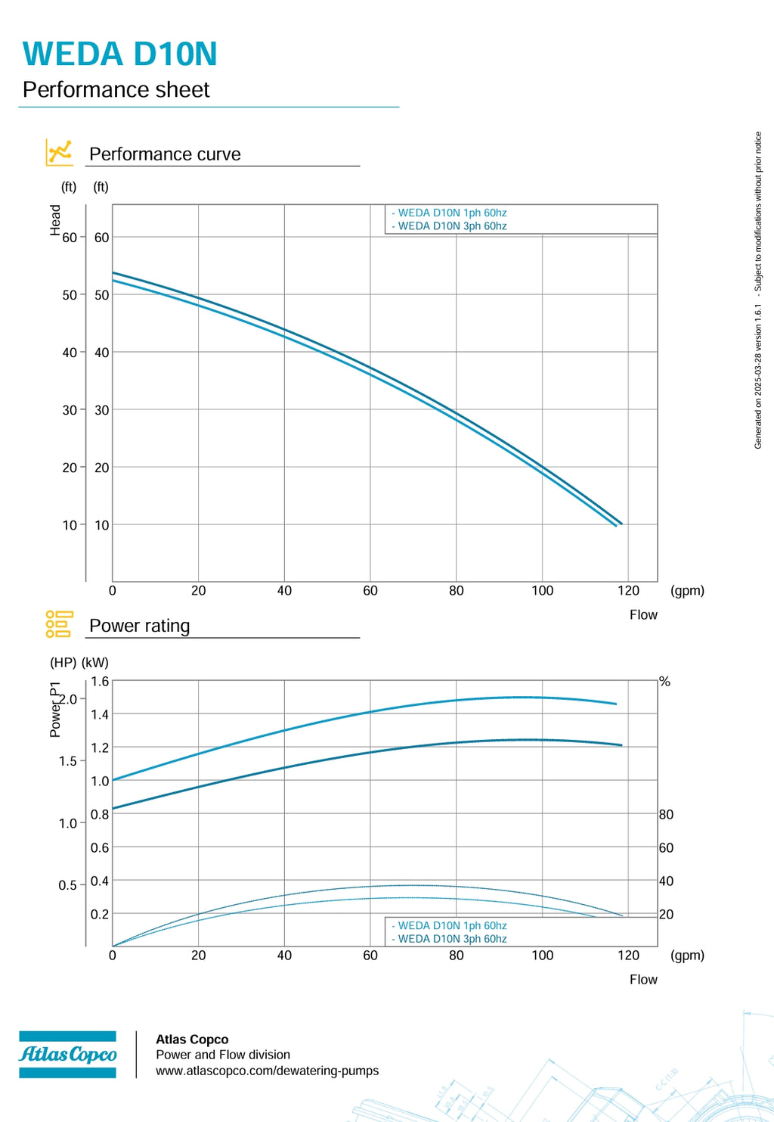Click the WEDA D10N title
pyautogui.click(x=119, y=54)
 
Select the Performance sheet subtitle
pyautogui.click(x=116, y=90)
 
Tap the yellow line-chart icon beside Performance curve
pyautogui.click(x=59, y=152)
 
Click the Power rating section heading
pyautogui.click(x=140, y=626)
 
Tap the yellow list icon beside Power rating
pyautogui.click(x=59, y=624)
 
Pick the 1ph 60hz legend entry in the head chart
pyautogui.click(x=449, y=213)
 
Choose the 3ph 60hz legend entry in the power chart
pyautogui.click(x=449, y=939)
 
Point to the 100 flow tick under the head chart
pyautogui.click(x=543, y=591)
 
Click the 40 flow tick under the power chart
pyautogui.click(x=284, y=956)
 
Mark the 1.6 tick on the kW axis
pyautogui.click(x=100, y=681)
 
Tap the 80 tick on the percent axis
pyautogui.click(x=666, y=814)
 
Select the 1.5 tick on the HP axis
pyautogui.click(x=67, y=761)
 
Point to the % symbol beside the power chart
pyautogui.click(x=664, y=681)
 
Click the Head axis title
pyautogui.click(x=55, y=220)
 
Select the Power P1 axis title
pyautogui.click(x=55, y=709)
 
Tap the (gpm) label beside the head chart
pyautogui.click(x=687, y=591)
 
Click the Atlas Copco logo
pyautogui.click(x=67, y=1054)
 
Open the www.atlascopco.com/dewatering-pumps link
pyautogui.click(x=267, y=1071)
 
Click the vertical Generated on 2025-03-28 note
pyautogui.click(x=758, y=291)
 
